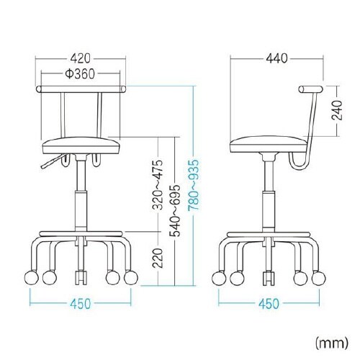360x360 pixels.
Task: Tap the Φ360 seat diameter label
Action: click(81, 75)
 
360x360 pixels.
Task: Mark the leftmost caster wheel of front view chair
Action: click(33, 277)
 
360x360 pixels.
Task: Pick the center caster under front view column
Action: click(81, 276)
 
